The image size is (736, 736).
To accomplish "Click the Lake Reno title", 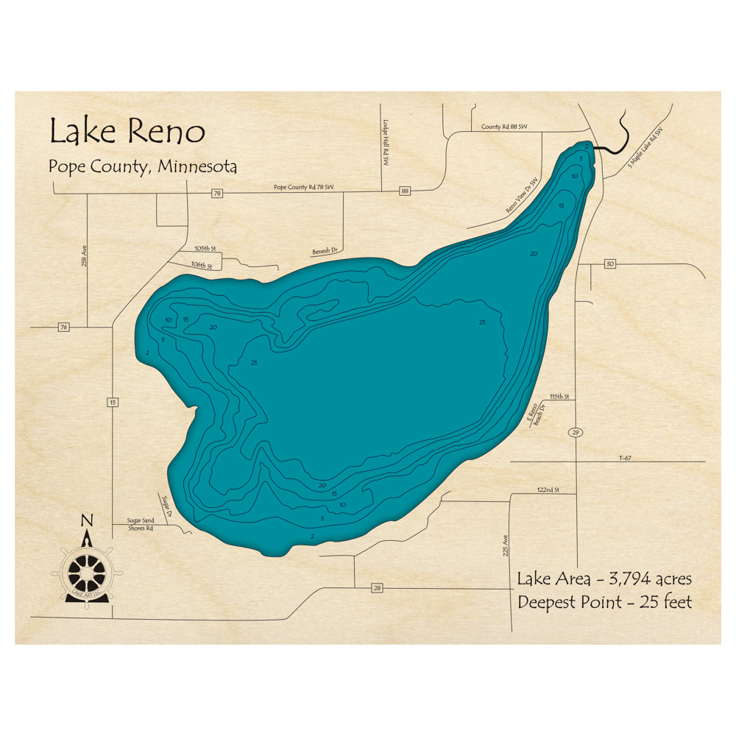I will [127, 132].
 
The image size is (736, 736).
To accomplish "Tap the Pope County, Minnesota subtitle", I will [143, 166].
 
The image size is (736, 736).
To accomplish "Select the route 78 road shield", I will [216, 194].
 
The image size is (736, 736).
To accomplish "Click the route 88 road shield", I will [405, 191].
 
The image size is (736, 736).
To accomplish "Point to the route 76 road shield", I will [64, 327].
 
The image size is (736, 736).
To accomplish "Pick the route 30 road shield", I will [609, 264].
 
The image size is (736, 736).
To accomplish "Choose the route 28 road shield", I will [378, 588].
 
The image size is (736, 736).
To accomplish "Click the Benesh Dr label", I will [324, 251].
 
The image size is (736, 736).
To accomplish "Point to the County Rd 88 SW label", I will [504, 127].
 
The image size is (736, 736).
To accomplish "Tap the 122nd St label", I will [548, 489].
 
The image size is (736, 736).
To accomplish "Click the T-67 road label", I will [626, 458].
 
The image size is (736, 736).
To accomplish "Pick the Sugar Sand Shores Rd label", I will [133, 524].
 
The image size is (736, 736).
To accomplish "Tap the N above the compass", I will [87, 521].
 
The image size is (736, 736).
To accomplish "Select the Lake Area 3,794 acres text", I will [604, 579].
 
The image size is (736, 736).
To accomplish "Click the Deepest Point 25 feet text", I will [605, 602].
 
